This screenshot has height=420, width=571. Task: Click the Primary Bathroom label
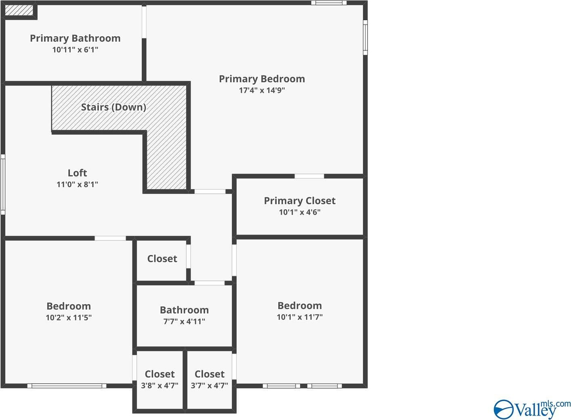click(75, 38)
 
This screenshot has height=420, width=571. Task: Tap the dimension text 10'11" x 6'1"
click(75, 50)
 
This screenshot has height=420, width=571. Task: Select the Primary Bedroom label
click(262, 79)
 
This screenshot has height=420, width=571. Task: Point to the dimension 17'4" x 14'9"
click(262, 90)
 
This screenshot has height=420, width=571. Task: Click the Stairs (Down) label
click(113, 107)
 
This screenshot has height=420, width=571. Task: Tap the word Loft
click(77, 173)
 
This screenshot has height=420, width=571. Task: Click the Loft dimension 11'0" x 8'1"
click(77, 184)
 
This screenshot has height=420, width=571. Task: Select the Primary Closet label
click(300, 201)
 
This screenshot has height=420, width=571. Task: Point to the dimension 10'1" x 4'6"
click(300, 212)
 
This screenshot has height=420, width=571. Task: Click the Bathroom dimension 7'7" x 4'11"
click(184, 321)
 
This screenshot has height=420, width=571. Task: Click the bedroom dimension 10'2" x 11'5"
click(69, 318)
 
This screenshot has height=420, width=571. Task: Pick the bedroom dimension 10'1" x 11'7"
click(300, 317)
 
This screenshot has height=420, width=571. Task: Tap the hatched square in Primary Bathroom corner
click(19, 10)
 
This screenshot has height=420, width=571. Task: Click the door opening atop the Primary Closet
click(309, 176)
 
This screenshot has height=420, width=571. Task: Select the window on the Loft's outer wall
click(2, 184)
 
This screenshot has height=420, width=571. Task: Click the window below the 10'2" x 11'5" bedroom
click(67, 386)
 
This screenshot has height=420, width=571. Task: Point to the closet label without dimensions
click(162, 259)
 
